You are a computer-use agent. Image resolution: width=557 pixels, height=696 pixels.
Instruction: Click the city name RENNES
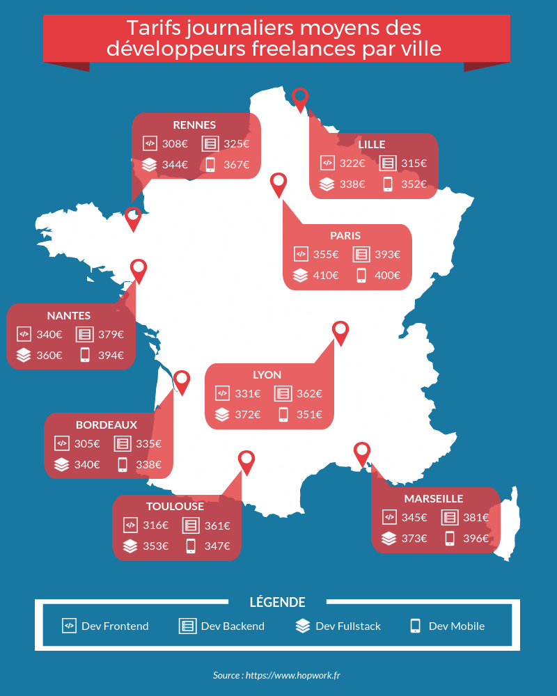(x=194, y=125)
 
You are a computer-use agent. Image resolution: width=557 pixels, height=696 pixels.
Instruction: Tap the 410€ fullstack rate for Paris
(x=325, y=275)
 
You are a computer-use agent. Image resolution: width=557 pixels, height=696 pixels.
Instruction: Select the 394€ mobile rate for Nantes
(x=111, y=355)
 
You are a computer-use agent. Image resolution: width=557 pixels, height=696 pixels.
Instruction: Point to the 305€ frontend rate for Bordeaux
(x=87, y=443)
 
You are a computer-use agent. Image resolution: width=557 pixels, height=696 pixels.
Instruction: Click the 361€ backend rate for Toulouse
(x=217, y=525)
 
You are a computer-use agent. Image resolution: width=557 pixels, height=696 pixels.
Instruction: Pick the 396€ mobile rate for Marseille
(x=476, y=538)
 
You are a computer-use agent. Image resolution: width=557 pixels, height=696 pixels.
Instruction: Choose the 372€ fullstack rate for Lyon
(x=248, y=414)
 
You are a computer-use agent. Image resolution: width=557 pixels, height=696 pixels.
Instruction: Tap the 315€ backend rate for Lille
(x=414, y=164)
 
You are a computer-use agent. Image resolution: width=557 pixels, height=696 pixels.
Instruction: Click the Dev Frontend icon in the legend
(x=69, y=625)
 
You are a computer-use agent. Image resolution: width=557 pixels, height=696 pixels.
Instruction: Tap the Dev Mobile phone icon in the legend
(x=416, y=625)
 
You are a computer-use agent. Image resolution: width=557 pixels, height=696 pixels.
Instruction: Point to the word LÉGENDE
(x=277, y=602)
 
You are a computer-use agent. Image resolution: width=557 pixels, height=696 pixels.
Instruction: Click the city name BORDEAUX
(x=107, y=425)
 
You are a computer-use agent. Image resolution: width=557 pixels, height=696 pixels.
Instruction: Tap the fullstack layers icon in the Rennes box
(x=149, y=165)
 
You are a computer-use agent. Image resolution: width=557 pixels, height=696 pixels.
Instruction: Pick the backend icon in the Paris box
(x=361, y=254)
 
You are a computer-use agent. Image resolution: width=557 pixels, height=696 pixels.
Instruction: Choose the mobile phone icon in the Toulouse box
(x=191, y=546)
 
